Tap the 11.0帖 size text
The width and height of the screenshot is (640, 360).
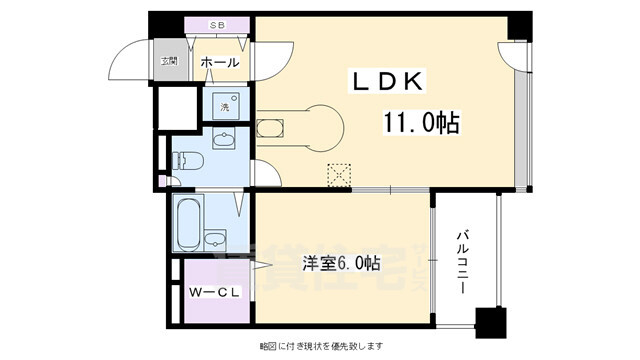pos(420,123)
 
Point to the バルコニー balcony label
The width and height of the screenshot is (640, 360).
pos(463,257)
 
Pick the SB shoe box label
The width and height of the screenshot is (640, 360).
pos(216,23)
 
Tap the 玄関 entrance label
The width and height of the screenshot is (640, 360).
pos(171,62)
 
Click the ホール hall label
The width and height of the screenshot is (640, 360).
pos(219,63)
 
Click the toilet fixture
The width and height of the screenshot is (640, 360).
pos(188,160)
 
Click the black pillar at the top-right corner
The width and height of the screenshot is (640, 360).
pos(518,26)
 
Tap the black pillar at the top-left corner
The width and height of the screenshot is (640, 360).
pos(160,24)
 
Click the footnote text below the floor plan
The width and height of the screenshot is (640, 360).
pos(320,346)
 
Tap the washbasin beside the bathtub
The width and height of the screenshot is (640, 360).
pos(216,240)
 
